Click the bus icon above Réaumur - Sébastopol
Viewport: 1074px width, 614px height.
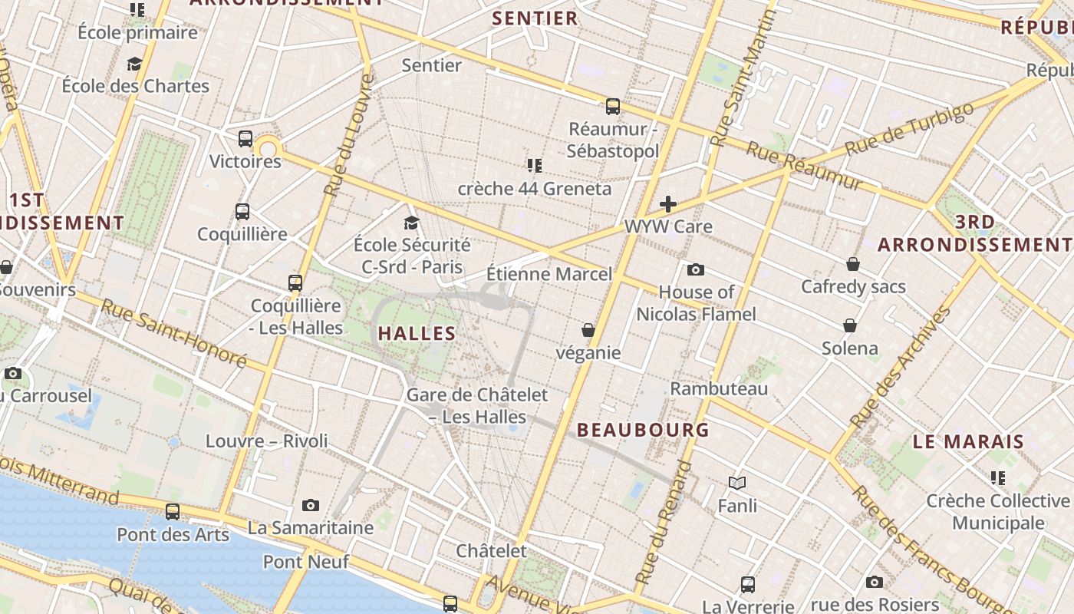612,107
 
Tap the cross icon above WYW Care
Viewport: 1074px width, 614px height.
668,204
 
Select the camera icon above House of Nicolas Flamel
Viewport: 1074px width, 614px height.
696,269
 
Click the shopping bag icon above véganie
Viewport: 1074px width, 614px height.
588,330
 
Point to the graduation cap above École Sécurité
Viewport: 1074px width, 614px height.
412,223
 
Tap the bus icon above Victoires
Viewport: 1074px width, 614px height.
245,139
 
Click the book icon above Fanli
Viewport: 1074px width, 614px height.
737,483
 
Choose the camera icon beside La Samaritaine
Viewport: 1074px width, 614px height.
310,505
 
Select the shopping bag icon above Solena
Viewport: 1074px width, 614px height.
850,325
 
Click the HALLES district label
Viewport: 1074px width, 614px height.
417,333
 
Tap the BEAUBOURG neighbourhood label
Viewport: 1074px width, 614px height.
643,430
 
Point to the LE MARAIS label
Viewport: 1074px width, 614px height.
968,441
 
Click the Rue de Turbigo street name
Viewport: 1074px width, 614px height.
909,127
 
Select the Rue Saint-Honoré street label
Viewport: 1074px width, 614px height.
173,334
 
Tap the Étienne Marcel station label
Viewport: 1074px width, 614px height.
549,274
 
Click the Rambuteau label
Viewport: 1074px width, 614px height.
719,388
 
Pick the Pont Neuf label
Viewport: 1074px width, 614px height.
306,562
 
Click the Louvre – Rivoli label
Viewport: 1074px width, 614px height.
266,441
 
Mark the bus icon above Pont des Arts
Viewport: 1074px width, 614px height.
173,512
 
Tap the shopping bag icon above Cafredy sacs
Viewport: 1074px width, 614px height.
852,265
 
